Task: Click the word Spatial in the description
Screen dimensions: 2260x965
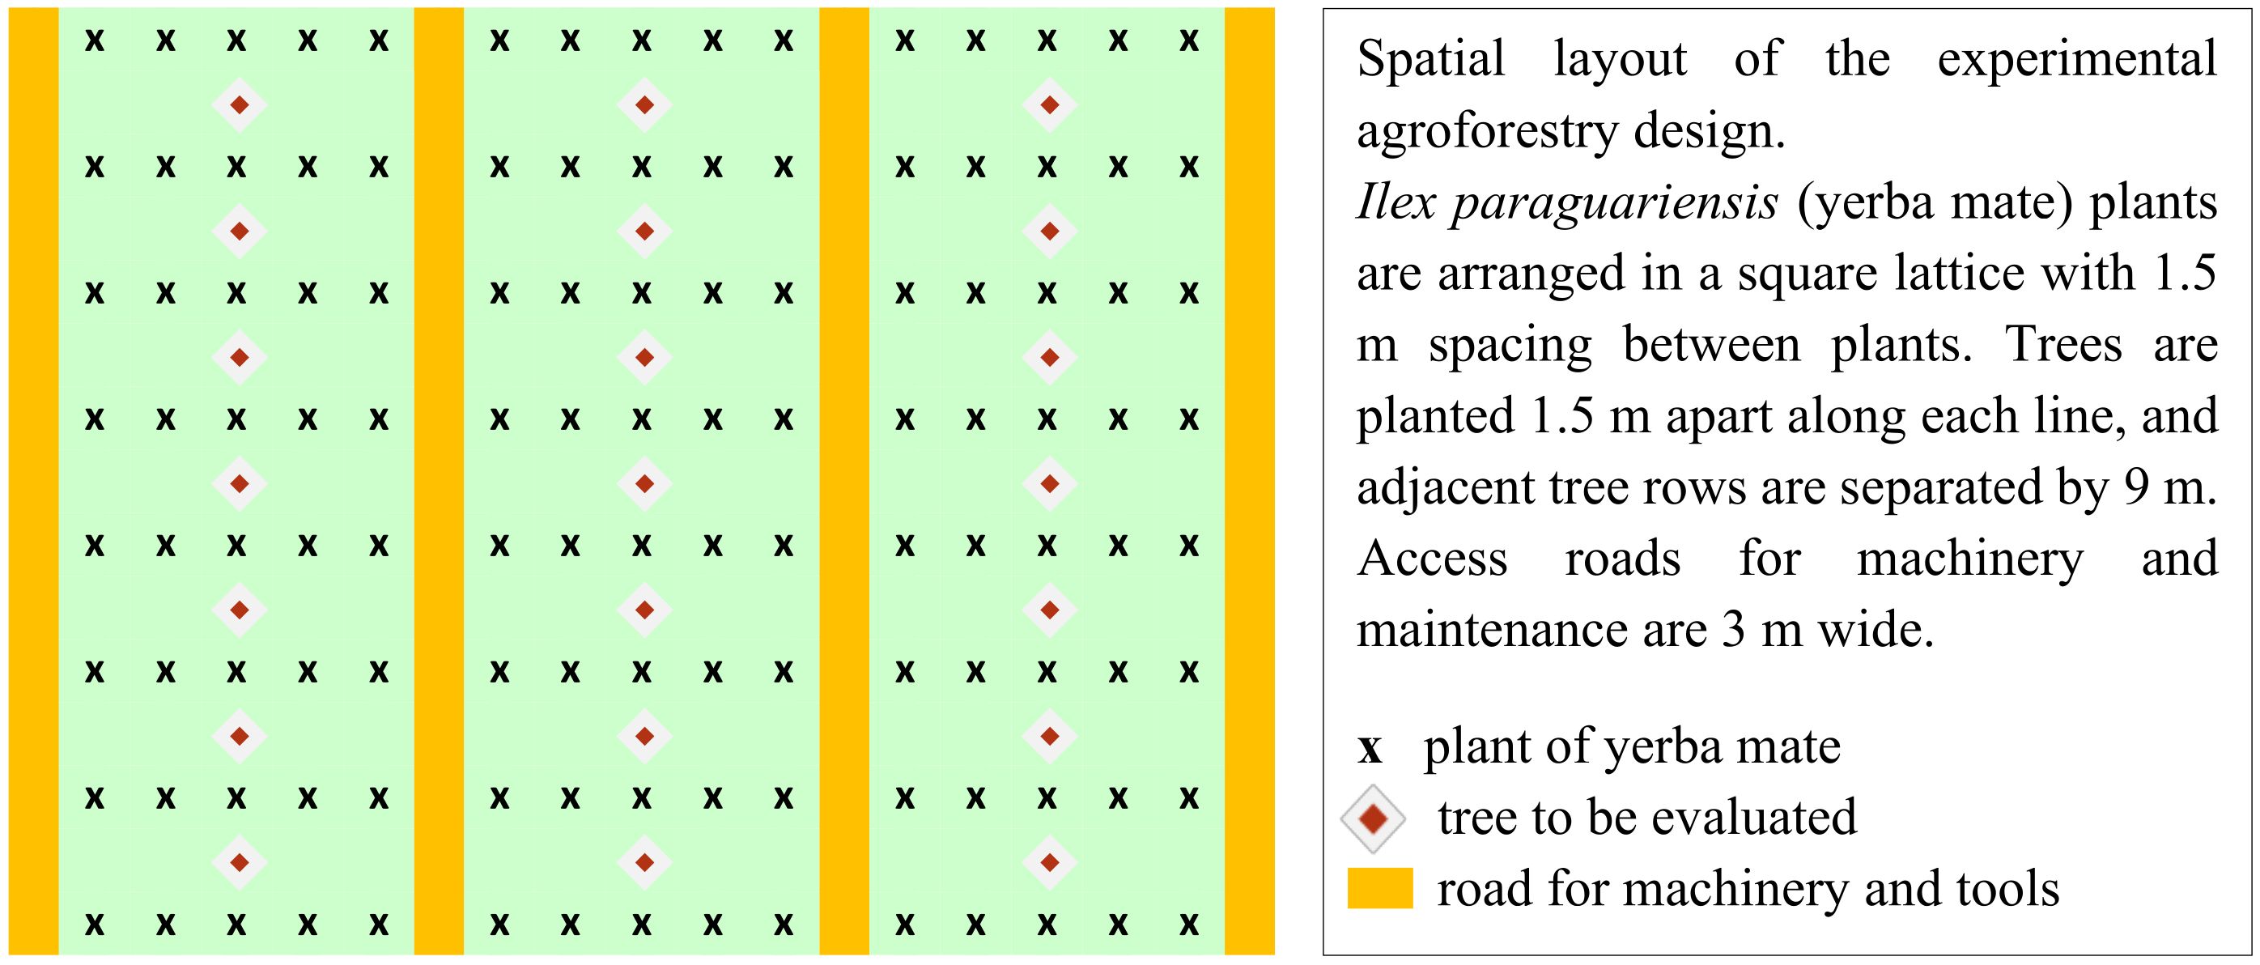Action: [1431, 60]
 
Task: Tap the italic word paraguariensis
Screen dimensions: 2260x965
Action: [1613, 202]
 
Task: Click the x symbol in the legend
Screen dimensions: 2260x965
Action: [1370, 748]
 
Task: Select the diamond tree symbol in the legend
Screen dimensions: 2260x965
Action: [1372, 818]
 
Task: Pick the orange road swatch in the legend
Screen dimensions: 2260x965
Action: [1379, 888]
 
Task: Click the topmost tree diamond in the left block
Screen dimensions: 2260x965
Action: [239, 105]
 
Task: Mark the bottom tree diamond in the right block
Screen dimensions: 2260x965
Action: [1049, 862]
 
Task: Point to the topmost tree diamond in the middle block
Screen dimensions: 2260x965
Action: [644, 105]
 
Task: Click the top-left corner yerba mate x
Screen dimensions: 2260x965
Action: [94, 40]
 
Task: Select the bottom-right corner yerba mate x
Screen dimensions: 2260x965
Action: [1189, 924]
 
